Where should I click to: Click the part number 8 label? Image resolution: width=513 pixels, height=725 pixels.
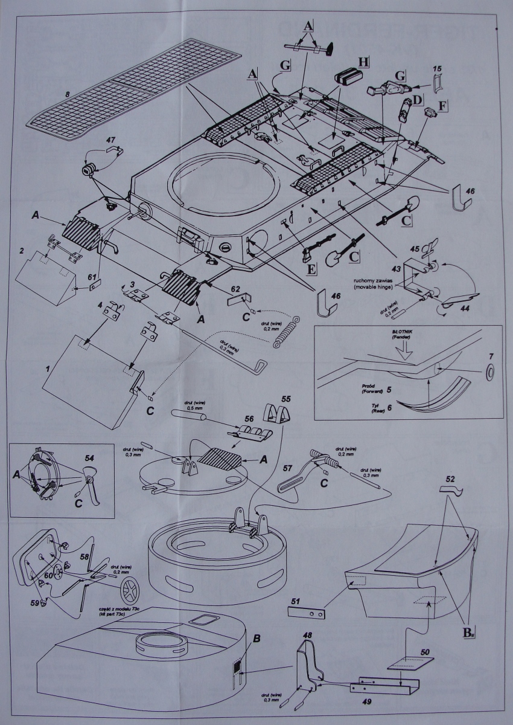point(68,94)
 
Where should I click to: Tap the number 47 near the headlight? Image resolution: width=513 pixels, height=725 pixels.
point(111,140)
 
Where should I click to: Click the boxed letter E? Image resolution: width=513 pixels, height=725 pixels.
point(311,266)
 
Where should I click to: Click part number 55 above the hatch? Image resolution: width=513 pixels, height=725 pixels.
point(286,399)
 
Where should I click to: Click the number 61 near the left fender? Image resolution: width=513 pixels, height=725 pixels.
point(92,277)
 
